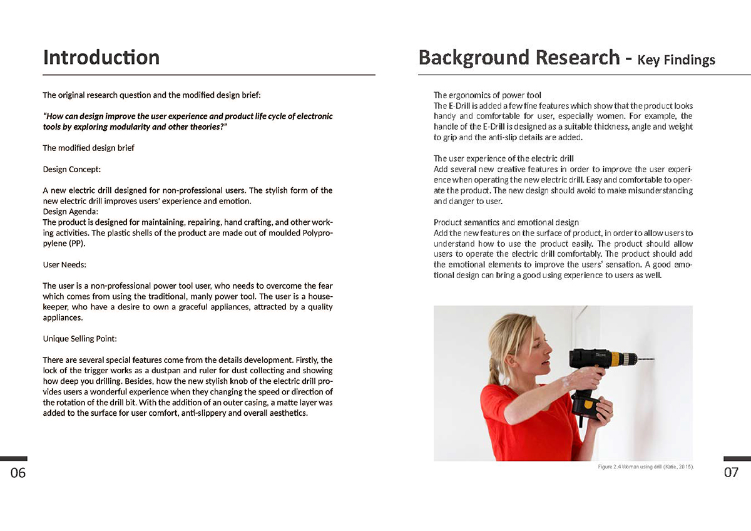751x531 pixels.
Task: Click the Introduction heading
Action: [x=101, y=58]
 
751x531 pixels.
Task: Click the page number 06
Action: [x=18, y=473]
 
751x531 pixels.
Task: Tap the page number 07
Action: [x=731, y=473]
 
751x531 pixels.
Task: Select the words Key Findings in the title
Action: [x=676, y=61]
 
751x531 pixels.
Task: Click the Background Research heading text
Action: [x=519, y=58]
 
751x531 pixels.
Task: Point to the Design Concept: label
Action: [x=71, y=169]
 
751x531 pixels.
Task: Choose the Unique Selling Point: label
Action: [x=79, y=339]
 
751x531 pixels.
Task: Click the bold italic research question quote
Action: [x=188, y=121]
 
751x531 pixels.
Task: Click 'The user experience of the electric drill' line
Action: [x=503, y=158]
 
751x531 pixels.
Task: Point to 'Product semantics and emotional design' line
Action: [x=506, y=222]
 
